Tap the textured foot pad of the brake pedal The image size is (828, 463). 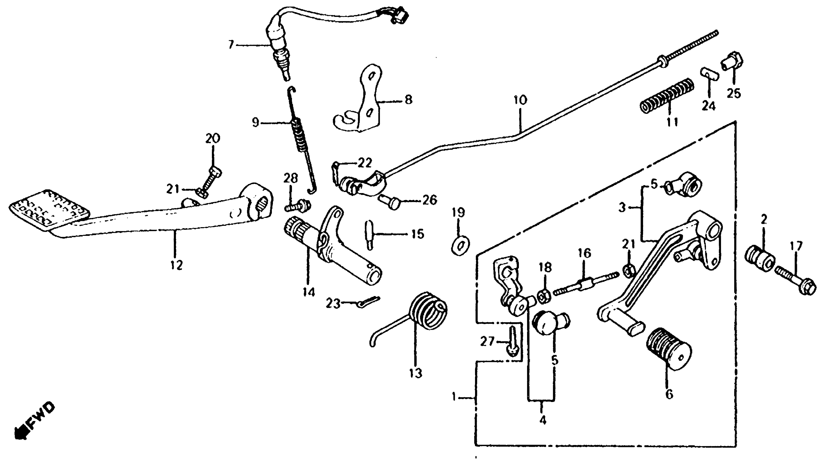[x=48, y=209]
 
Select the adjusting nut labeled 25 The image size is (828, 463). [x=734, y=62]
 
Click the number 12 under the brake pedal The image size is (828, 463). [x=176, y=265]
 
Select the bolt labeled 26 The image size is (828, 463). [x=389, y=202]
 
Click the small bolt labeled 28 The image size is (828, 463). [x=297, y=206]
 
